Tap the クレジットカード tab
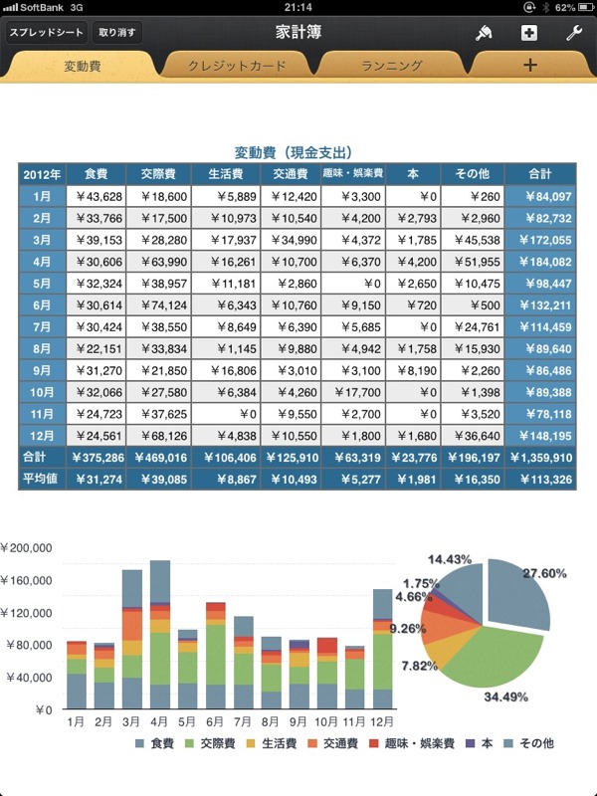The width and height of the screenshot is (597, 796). [237, 66]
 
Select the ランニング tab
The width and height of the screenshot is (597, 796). [391, 66]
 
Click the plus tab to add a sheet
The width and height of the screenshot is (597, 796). [530, 65]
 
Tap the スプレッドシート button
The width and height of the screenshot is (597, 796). [46, 33]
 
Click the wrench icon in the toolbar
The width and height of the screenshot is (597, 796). [574, 33]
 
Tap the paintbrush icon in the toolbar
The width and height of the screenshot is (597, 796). [484, 33]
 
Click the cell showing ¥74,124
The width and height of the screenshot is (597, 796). [158, 305]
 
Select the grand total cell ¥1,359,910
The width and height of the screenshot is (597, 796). [540, 458]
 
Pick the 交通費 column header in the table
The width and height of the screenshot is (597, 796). [291, 174]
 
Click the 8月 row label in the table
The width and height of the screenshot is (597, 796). [42, 349]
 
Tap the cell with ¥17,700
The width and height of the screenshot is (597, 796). [353, 392]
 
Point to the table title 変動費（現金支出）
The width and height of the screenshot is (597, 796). [294, 152]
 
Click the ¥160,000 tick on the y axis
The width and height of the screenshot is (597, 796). [27, 580]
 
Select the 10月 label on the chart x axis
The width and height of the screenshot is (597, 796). [325, 721]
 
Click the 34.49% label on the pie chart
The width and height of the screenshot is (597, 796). [505, 696]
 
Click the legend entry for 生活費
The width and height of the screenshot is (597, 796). [272, 743]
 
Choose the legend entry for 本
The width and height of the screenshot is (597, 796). [480, 743]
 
